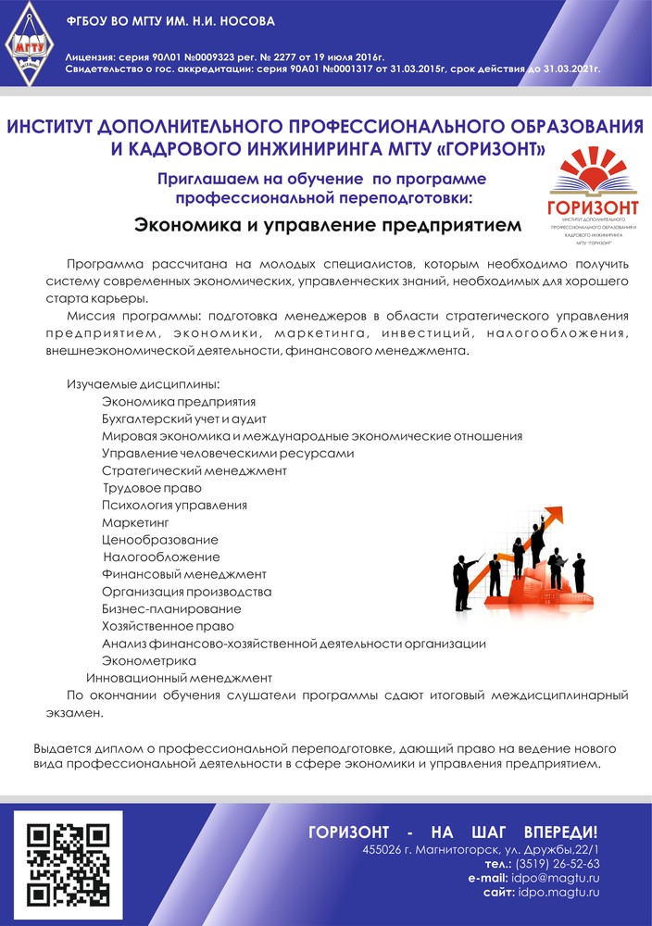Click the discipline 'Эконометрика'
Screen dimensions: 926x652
[149, 660]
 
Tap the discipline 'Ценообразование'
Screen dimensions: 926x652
[160, 540]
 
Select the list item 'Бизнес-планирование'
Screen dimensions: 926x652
[171, 608]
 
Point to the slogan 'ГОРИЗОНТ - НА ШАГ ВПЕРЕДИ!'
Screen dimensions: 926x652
[453, 832]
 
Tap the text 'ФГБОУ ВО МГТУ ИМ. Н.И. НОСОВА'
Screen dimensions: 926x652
[170, 20]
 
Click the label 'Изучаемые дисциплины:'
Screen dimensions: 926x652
[144, 384]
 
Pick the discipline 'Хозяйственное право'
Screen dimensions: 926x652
[166, 626]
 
